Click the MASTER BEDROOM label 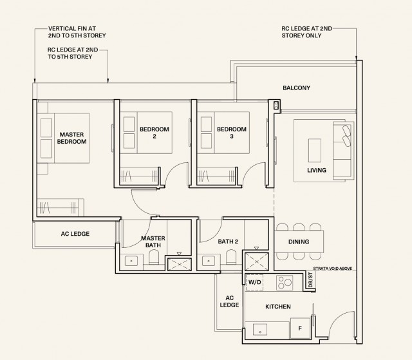(71, 138)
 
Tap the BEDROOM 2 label (154, 133)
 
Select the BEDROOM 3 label (232, 133)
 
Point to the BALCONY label (296, 88)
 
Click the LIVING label (317, 170)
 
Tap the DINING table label (299, 242)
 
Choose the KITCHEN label (278, 307)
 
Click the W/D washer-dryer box (254, 283)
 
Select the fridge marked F (301, 328)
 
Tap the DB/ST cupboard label (310, 280)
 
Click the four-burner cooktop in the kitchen (285, 283)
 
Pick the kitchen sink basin (260, 330)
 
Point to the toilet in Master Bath (154, 257)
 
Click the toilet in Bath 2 (231, 257)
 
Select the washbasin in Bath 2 (209, 261)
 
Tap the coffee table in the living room (315, 150)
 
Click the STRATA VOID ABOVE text (333, 269)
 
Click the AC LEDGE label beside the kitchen (229, 301)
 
